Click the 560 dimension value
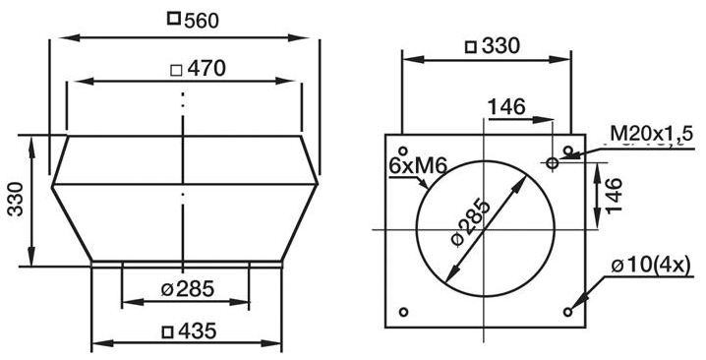pyautogui.click(x=202, y=21)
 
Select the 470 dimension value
pyautogui.click(x=206, y=69)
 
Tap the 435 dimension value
pyautogui.click(x=198, y=331)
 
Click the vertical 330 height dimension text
pyautogui.click(x=16, y=199)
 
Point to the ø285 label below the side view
pyautogui.click(x=187, y=289)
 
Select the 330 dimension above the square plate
pyautogui.click(x=500, y=46)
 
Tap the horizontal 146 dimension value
pyautogui.click(x=506, y=107)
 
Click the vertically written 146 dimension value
pyautogui.click(x=614, y=195)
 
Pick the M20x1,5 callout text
pyautogui.click(x=647, y=134)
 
